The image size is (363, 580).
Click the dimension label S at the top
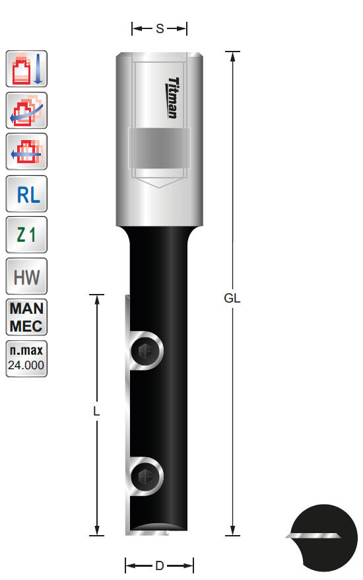(x=160, y=28)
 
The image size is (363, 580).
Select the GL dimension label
(x=232, y=298)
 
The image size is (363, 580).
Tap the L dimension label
(x=96, y=411)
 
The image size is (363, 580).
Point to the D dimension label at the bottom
(x=159, y=565)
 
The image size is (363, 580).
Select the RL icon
(x=26, y=195)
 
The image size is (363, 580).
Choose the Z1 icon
(x=26, y=236)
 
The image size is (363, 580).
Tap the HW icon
(x=26, y=276)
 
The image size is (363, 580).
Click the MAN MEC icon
(x=26, y=317)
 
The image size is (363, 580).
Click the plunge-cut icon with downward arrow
(x=26, y=69)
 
